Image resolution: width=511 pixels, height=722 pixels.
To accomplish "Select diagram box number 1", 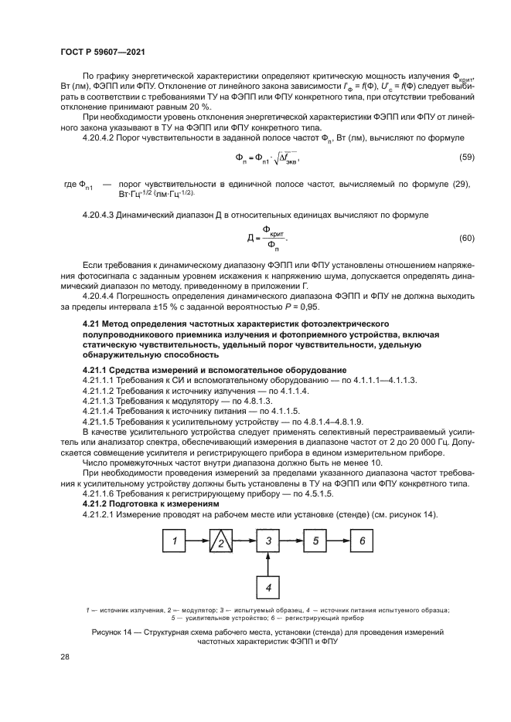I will [176, 542].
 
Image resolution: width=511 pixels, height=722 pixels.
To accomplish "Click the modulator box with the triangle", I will [222, 543].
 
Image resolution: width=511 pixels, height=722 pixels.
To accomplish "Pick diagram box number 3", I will [268, 542].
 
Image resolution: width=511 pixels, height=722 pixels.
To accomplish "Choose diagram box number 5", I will [315, 542].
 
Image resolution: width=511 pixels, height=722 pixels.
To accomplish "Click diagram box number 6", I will [362, 542].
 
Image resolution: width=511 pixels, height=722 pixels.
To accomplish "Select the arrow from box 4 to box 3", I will [268, 564].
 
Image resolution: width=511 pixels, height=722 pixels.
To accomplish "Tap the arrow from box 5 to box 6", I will [339, 542].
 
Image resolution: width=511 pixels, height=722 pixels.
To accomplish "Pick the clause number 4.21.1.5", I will [100, 422].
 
